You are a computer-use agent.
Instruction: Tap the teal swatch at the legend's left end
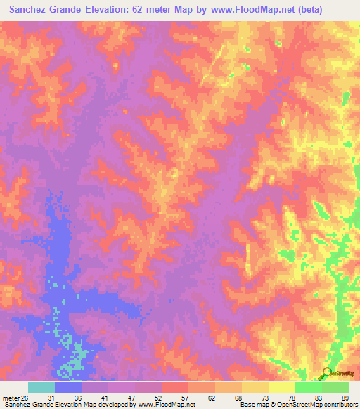coord(41,387)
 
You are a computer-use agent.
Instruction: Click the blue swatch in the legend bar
coord(68,387)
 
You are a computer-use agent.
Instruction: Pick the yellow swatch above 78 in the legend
coord(282,387)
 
